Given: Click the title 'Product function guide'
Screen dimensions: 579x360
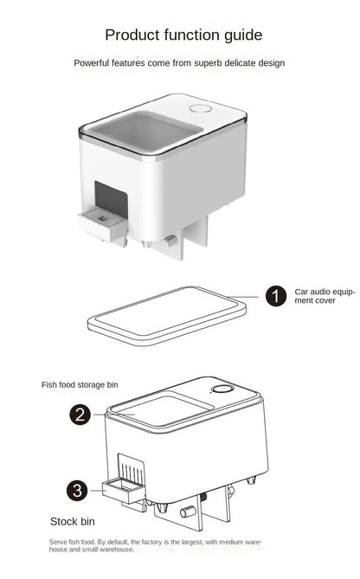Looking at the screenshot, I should pyautogui.click(x=183, y=35).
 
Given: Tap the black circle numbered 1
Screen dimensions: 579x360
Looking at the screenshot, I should pyautogui.click(x=275, y=297).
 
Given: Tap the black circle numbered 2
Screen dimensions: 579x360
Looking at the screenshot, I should pyautogui.click(x=80, y=415).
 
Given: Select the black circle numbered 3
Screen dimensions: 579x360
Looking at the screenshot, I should pyautogui.click(x=79, y=491).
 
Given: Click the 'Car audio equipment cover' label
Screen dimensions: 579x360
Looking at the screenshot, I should pyautogui.click(x=324, y=297).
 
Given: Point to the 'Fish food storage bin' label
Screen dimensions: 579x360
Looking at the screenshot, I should pyautogui.click(x=80, y=384).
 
